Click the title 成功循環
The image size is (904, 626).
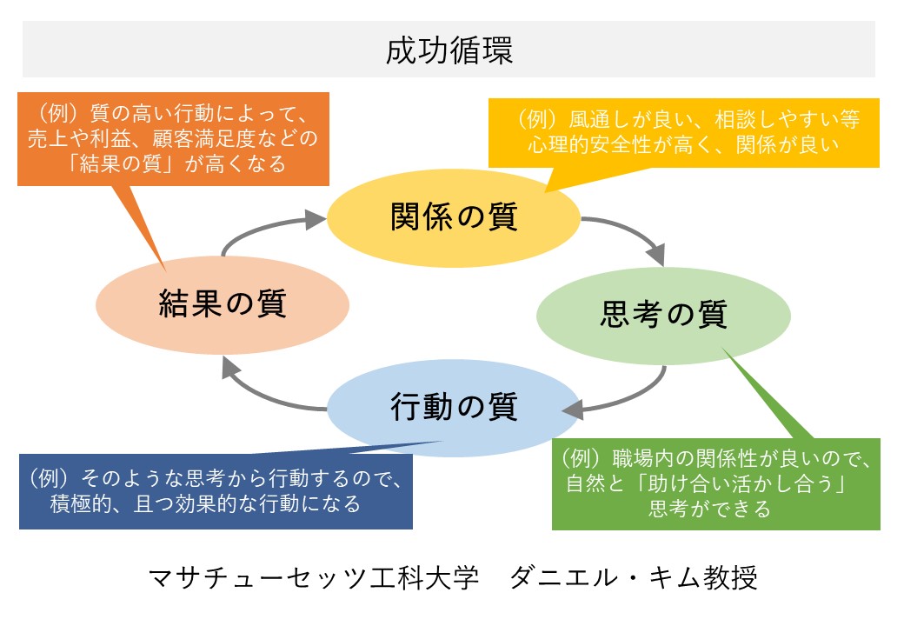point(449,50)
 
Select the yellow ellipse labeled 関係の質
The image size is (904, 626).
point(454,218)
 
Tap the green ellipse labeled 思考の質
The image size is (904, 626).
point(663,316)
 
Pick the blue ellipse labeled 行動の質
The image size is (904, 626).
point(454,408)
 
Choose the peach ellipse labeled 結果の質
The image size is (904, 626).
point(223,305)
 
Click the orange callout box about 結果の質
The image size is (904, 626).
point(173,139)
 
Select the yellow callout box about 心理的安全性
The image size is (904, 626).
point(684,133)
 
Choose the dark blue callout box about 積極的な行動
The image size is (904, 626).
point(216,491)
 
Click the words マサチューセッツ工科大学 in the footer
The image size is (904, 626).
point(313,577)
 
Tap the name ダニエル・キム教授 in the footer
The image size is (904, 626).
point(633,577)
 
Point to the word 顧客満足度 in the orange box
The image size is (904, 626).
point(203,138)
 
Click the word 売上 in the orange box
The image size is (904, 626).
point(48,138)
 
